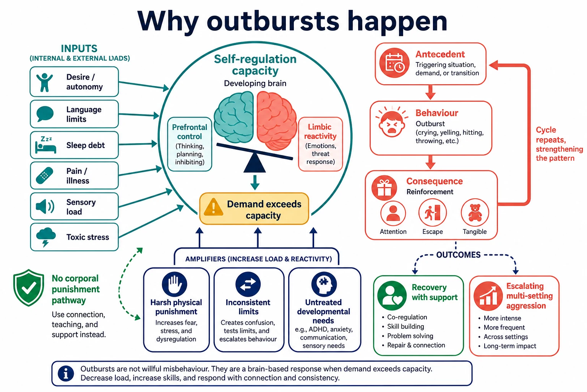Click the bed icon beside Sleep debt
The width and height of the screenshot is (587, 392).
[45, 145]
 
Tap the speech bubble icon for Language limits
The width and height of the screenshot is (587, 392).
[45, 114]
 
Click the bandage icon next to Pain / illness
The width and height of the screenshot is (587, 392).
[45, 175]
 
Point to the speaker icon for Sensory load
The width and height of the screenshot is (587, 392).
[45, 206]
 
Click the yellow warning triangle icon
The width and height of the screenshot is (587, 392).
[214, 207]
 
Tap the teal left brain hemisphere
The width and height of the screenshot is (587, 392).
[234, 117]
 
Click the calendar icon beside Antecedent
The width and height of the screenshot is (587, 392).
[394, 63]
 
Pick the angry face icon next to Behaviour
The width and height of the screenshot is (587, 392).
[392, 122]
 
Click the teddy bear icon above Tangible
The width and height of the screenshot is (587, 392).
[475, 212]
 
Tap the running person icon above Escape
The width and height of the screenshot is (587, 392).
[432, 212]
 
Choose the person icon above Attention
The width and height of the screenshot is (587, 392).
[393, 214]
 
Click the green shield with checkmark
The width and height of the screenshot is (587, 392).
[29, 288]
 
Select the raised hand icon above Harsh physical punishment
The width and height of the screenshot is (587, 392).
[175, 284]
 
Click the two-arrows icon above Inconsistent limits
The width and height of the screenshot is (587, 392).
[248, 284]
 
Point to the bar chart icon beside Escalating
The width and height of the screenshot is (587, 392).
[488, 296]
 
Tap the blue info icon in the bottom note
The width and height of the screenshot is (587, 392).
[66, 373]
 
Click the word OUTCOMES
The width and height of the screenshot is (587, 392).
[458, 255]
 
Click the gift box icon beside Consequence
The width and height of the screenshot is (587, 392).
[384, 188]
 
